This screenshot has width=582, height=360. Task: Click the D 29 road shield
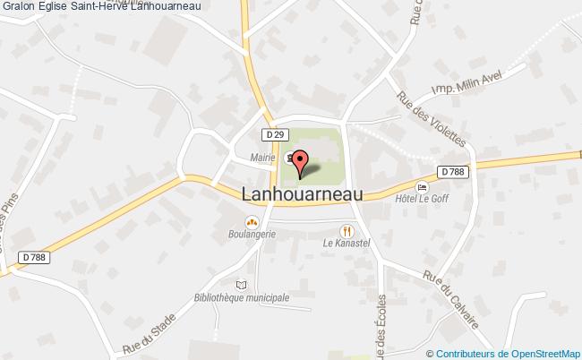click(x=276, y=133)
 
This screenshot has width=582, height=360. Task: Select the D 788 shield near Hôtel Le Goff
click(x=453, y=171)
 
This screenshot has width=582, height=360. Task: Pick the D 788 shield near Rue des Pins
click(x=32, y=257)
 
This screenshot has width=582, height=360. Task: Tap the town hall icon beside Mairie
click(x=287, y=159)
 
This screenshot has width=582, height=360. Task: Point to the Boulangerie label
click(x=251, y=234)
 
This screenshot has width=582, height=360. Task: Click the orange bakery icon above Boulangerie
click(x=251, y=220)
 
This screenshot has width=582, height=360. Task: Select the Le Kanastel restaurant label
click(x=347, y=243)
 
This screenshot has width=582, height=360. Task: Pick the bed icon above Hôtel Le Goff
click(x=420, y=184)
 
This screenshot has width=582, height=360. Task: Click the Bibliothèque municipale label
click(x=241, y=297)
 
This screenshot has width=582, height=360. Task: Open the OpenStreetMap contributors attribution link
click(x=508, y=353)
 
